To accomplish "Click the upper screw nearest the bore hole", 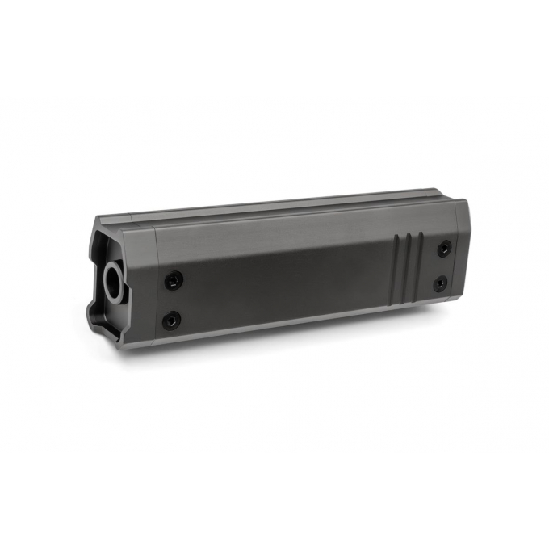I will (x=174, y=280).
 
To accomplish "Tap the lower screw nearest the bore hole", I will (x=170, y=321).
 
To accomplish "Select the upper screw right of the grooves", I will (x=443, y=249).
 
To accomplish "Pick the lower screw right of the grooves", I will (x=440, y=284).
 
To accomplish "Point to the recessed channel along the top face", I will (x=283, y=207).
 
